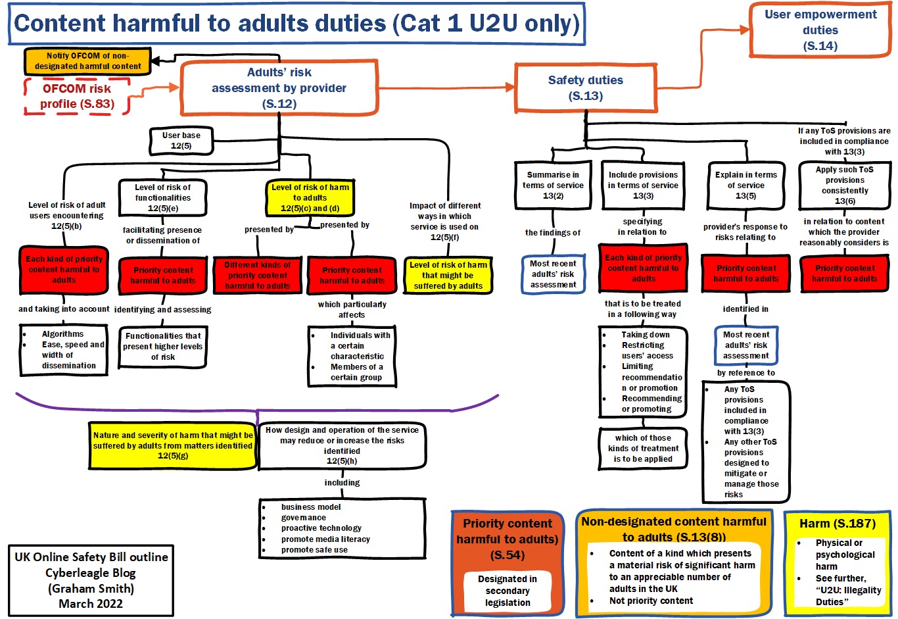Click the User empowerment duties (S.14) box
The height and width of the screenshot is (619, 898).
[820, 30]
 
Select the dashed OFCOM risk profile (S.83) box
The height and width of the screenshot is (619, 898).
[77, 96]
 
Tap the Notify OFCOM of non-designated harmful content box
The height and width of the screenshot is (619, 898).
[87, 61]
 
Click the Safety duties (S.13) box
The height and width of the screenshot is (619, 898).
[585, 88]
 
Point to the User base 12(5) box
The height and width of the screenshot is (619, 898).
[181, 141]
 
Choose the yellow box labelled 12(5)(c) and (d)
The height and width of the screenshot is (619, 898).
[310, 197]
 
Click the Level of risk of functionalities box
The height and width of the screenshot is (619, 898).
[162, 197]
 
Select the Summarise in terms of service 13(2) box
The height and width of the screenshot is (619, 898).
[553, 185]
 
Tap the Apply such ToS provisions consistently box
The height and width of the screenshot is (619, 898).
[845, 185]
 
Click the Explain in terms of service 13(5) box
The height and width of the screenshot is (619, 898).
[745, 185]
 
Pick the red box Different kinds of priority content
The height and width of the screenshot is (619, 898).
[257, 275]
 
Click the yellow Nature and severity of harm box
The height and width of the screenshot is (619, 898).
[173, 445]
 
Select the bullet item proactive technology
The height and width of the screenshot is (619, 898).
[321, 528]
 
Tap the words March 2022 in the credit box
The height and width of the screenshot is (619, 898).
[91, 603]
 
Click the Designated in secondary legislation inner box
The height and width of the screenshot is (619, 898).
[507, 591]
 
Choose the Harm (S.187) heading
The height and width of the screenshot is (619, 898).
[837, 524]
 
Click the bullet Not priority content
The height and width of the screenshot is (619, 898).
[651, 601]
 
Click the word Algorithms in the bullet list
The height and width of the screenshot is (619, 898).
[62, 334]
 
